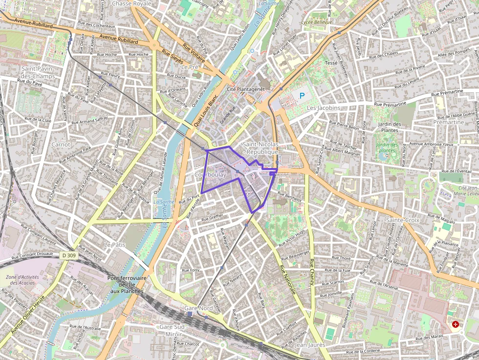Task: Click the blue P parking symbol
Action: pyautogui.click(x=302, y=96)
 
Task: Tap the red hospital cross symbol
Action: pyautogui.click(x=456, y=324)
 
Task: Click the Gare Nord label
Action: pyautogui.click(x=198, y=308)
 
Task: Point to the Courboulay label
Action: pyautogui.click(x=210, y=174)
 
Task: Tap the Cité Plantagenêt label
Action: pyautogui.click(x=246, y=89)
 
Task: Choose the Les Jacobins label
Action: pyautogui.click(x=324, y=107)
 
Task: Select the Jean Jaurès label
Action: pyautogui.click(x=310, y=345)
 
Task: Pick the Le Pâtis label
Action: pyautogui.click(x=115, y=244)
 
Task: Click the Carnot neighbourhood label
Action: pyautogui.click(x=61, y=145)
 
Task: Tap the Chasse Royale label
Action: pyautogui.click(x=132, y=3)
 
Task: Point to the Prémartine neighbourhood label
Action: pyautogui.click(x=449, y=122)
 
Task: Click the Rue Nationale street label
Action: pyautogui.click(x=288, y=279)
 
